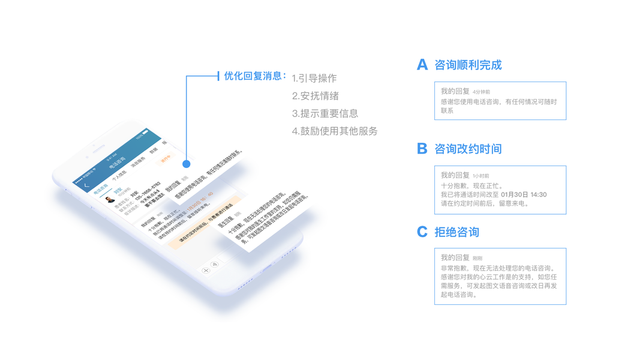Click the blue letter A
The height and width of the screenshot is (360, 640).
tap(422, 65)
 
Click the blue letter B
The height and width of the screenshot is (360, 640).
tap(422, 149)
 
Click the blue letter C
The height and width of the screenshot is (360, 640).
tap(422, 232)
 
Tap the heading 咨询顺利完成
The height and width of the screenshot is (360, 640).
tap(468, 65)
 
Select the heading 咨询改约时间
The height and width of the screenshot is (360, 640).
tap(468, 149)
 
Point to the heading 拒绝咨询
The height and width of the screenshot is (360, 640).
tap(456, 232)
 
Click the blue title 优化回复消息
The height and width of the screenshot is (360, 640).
tap(252, 76)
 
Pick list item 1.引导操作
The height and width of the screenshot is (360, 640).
tap(314, 79)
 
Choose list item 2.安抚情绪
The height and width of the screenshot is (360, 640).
tap(316, 96)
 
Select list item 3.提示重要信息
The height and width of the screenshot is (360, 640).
tap(325, 113)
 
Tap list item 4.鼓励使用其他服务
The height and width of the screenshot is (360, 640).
tap(335, 131)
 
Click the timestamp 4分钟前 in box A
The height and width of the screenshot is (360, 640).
tap(481, 92)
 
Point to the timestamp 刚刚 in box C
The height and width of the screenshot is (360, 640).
tap(477, 259)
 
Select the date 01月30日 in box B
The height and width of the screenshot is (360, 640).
tap(514, 195)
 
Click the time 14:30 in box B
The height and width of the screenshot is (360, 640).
tap(539, 195)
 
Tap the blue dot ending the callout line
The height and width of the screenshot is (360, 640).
tap(187, 163)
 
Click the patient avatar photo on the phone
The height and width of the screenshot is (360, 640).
tap(109, 199)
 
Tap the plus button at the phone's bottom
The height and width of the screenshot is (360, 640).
tap(206, 271)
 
